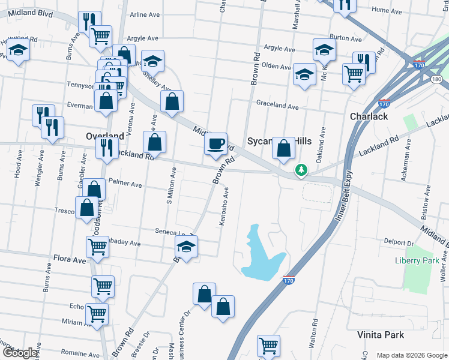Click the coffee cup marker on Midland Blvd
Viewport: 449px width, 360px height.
coord(216,144)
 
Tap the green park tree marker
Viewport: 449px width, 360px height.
coord(301,171)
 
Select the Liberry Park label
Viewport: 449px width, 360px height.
coord(417,260)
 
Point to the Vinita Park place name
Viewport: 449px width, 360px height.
coord(381,335)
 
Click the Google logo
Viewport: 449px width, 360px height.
coord(20,353)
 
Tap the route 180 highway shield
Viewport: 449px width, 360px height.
coord(436,79)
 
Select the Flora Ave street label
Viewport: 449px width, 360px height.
coord(72,260)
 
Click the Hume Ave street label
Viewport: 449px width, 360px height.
coord(403,10)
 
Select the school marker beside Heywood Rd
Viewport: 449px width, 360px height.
coord(19,52)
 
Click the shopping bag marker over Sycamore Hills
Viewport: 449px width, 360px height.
coord(283,148)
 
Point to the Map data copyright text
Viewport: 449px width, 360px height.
coord(411,355)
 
